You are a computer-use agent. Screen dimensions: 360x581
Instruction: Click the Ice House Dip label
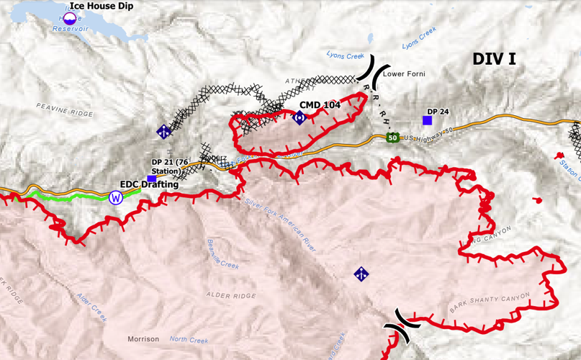(102, 6)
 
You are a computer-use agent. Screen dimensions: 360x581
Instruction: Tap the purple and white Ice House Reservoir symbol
(70, 18)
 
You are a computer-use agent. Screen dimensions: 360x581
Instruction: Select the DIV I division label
(494, 59)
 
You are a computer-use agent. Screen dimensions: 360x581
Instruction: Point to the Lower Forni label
(404, 73)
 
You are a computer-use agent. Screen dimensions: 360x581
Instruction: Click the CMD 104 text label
(320, 105)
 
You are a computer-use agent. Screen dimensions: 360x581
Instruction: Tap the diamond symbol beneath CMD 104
(299, 117)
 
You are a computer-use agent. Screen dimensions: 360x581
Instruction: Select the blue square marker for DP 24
(427, 121)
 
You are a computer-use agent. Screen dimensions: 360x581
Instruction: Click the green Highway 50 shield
(392, 138)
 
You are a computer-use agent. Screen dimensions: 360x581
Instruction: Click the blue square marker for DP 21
(152, 179)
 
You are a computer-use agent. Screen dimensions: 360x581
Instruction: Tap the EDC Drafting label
(149, 184)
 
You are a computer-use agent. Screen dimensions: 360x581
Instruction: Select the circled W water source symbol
(116, 197)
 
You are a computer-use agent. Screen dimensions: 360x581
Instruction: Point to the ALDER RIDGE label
(231, 295)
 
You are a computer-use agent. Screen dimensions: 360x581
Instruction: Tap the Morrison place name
(143, 339)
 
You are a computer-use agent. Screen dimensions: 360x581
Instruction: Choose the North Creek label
(188, 339)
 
